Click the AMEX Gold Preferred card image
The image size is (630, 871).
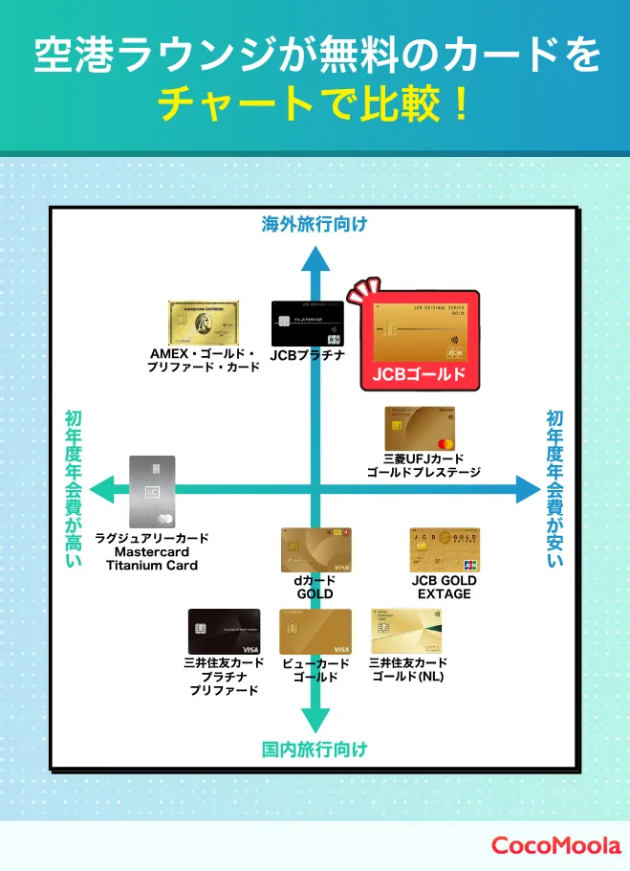pos(204,324)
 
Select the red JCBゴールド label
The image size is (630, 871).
pos(419,373)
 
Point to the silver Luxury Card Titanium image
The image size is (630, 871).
pos(152,492)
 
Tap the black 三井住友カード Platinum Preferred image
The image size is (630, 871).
pos(224,632)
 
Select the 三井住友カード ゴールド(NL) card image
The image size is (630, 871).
pos(406,632)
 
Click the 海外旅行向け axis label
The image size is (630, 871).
pos(315,225)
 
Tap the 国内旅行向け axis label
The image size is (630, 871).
pos(315,749)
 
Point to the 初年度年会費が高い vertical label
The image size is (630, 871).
pos(74,488)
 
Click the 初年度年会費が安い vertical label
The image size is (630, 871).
pos(555,488)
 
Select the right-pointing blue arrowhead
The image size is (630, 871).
pos(528,489)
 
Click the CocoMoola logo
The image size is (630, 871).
pos(555,845)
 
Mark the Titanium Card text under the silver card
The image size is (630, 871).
pos(152,565)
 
